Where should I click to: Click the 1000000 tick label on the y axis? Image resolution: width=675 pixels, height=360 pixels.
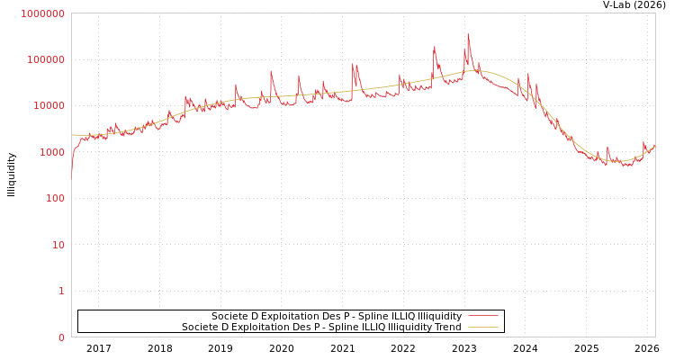pos(42,13)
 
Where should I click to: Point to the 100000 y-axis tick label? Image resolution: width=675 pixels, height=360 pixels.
pos(45,59)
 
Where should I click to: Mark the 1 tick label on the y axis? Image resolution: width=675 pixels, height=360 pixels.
pos(61,292)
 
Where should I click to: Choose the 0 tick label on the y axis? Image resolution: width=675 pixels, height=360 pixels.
pos(61,337)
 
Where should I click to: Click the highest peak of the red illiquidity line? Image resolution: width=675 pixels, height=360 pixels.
pos(468,34)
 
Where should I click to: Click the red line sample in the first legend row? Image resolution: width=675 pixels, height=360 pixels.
pos(483,317)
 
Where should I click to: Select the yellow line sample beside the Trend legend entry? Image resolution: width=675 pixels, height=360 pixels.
pos(483,328)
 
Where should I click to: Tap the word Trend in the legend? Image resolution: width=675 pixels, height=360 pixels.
pos(447,328)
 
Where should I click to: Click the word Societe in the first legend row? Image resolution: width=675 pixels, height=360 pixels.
pos(230,317)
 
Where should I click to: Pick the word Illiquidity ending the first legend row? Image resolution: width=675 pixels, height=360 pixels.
pos(439,317)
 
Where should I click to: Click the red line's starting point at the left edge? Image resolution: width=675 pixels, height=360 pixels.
pos(72,171)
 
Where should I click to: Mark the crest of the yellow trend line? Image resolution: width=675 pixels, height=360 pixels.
pos(477,70)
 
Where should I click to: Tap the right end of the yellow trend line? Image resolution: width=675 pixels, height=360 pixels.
pos(654,145)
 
